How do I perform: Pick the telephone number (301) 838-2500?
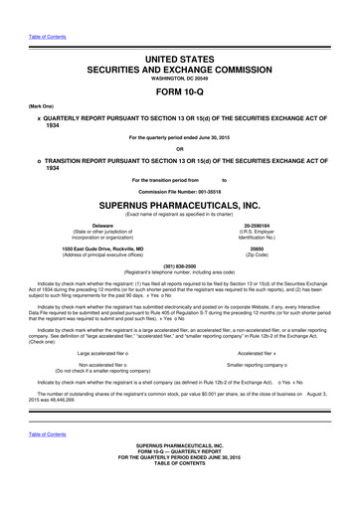[x=179, y=265]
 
